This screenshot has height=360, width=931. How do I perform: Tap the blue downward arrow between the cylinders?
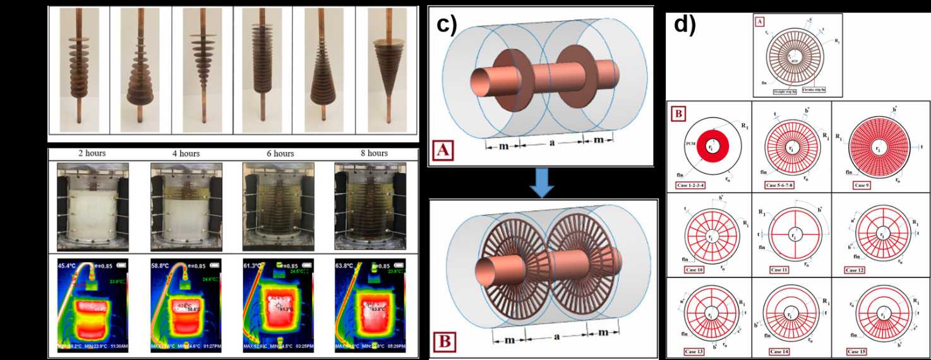pyautogui.click(x=542, y=182)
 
